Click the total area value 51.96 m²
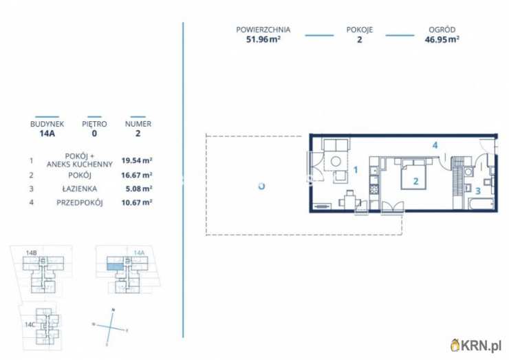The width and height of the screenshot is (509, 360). [263, 40]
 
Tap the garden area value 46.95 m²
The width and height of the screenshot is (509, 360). [442, 40]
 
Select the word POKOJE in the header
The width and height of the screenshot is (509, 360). [360, 30]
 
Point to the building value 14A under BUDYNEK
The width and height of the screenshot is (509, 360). [47, 134]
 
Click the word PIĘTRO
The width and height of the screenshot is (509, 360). [94, 124]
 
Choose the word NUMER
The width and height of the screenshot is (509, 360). [138, 124]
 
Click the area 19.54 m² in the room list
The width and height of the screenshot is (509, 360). [137, 160]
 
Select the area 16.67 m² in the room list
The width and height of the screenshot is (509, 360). [137, 175]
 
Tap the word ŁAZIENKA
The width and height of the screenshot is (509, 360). [80, 189]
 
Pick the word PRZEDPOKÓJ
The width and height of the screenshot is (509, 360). [80, 203]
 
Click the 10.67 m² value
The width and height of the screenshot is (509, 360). [137, 203]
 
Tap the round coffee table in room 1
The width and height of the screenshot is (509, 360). [336, 161]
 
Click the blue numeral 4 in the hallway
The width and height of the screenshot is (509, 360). [435, 145]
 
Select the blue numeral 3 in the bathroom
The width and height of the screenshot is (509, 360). [478, 191]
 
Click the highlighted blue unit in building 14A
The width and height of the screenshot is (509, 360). [116, 267]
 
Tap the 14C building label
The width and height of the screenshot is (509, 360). [30, 325]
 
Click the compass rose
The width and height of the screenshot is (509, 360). [110, 327]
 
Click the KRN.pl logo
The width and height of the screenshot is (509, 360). [476, 346]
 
